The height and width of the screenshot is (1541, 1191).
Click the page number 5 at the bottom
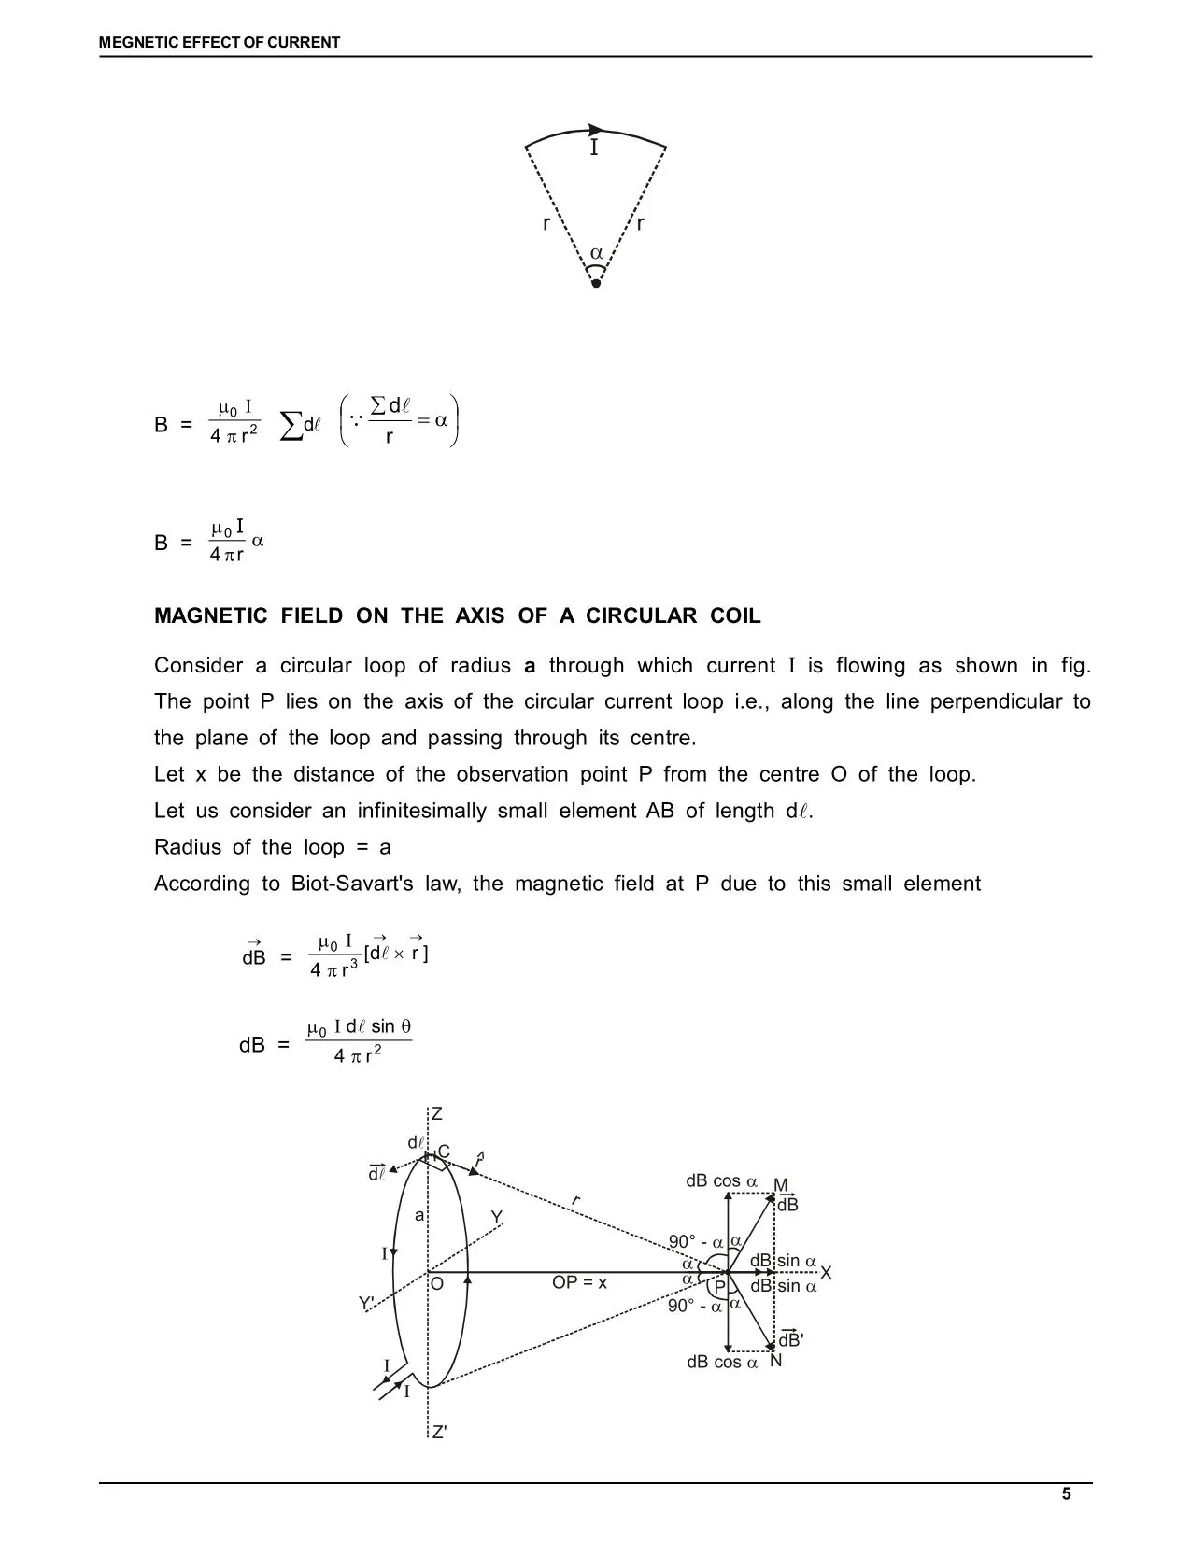[x=1066, y=1493]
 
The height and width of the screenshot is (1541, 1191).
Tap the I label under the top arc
[x=594, y=148]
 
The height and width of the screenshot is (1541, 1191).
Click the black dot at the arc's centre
[x=596, y=284]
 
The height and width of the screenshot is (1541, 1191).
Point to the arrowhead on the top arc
[x=597, y=130]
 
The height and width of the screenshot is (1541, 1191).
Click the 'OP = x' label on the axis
[x=579, y=1282]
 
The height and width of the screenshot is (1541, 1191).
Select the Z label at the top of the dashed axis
[x=436, y=1114]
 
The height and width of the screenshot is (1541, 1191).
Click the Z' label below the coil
[x=438, y=1432]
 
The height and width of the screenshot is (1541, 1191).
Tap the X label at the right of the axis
[x=826, y=1273]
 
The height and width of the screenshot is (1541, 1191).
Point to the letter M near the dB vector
[x=781, y=1186]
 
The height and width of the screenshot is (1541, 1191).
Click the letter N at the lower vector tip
[x=776, y=1361]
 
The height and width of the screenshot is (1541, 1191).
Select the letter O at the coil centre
[x=436, y=1284]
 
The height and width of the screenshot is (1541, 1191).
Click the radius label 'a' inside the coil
[x=419, y=1215]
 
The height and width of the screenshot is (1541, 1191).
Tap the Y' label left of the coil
[x=367, y=1303]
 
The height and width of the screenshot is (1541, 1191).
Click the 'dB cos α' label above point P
[x=721, y=1181]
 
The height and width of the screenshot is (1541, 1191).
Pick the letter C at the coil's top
[x=444, y=1152]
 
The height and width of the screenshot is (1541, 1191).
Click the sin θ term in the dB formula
[x=390, y=1026]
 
